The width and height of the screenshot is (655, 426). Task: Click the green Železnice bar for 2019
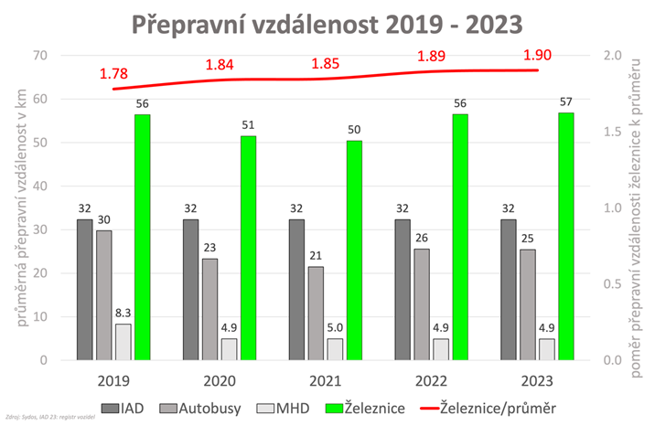click(142, 237)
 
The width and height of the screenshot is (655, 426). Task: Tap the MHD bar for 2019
click(123, 342)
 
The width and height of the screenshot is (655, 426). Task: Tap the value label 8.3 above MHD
click(123, 313)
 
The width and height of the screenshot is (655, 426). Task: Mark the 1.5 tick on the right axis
click(616, 132)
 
